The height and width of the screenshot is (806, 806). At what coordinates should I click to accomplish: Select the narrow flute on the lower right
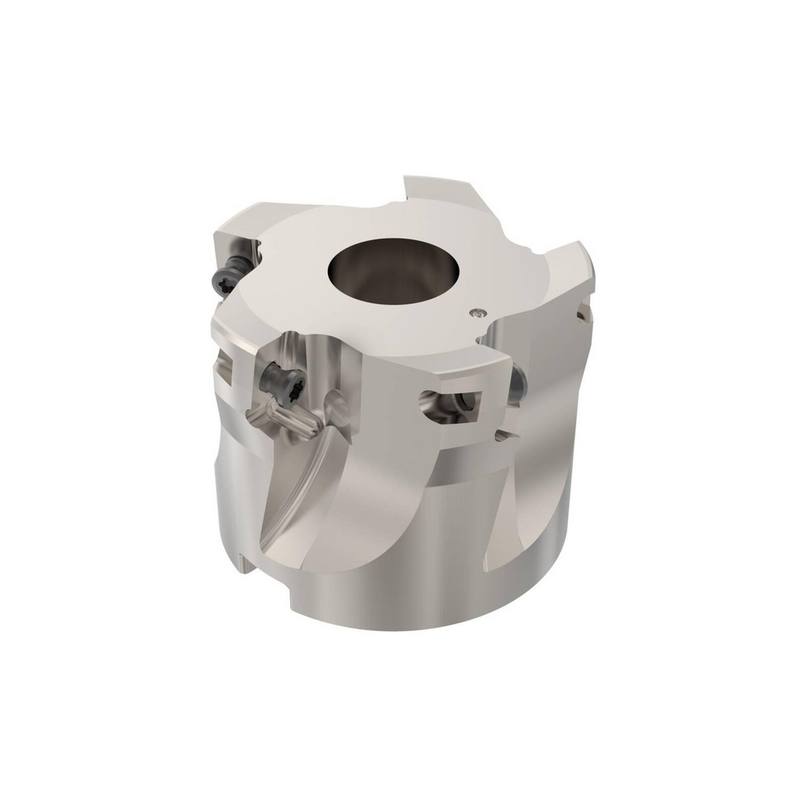click(516, 500)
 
